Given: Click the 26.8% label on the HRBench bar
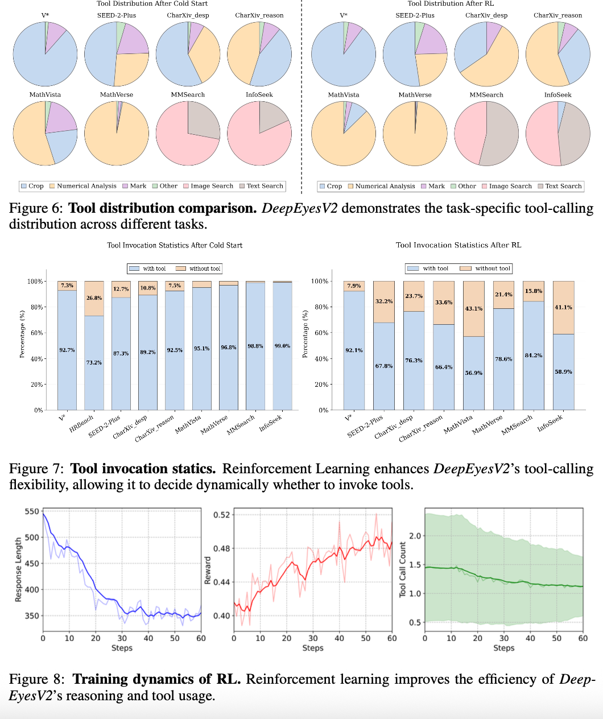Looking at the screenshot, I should [x=94, y=298].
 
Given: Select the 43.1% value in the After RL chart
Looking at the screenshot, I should [x=474, y=309].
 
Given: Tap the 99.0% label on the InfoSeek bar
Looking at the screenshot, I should [x=282, y=346].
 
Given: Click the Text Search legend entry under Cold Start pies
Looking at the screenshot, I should [x=261, y=186].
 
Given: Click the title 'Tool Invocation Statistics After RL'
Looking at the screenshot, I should [x=458, y=245].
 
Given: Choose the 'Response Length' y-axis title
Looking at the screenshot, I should [x=18, y=569].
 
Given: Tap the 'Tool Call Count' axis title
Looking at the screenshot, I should [x=403, y=569].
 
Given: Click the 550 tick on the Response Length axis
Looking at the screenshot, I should [x=32, y=511].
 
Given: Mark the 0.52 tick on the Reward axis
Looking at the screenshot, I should [x=222, y=515].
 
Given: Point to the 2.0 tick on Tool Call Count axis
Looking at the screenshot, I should [x=415, y=536].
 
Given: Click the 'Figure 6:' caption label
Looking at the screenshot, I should [x=36, y=208].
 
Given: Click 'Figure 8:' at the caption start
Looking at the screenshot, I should [x=38, y=679].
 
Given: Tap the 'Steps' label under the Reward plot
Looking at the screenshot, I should [x=313, y=648].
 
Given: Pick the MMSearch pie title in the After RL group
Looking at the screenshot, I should [x=486, y=95].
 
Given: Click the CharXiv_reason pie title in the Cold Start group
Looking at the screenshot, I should [x=259, y=15].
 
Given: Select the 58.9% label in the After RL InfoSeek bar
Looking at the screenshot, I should [x=563, y=371].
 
